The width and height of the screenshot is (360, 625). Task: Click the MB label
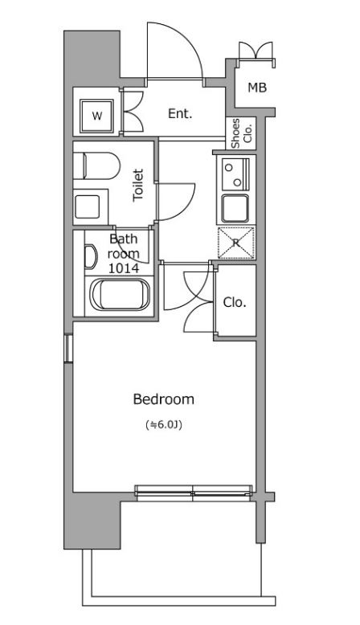[257, 88]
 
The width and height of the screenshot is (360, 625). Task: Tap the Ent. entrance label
[180, 113]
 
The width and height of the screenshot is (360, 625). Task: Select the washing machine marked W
[97, 116]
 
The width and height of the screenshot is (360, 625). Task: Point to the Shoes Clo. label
[241, 133]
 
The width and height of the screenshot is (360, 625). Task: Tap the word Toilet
[138, 185]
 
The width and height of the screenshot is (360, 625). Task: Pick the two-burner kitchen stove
[236, 174]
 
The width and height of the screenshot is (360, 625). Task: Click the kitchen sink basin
[235, 208]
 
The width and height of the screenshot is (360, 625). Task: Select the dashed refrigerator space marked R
[236, 243]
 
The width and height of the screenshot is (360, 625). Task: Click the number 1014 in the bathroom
[124, 268]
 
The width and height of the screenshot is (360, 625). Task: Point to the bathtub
[120, 295]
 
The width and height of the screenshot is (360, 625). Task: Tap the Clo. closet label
[235, 303]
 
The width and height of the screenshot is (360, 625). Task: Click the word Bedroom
[163, 399]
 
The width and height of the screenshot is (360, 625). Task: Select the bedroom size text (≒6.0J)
[164, 425]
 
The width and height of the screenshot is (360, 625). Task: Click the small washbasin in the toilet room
[87, 207]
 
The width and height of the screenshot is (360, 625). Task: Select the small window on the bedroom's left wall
[68, 349]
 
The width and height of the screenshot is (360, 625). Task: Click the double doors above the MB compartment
[256, 51]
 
